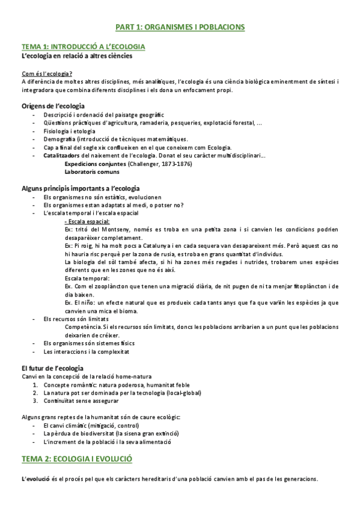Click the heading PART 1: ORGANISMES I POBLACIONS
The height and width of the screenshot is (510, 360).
tap(180, 27)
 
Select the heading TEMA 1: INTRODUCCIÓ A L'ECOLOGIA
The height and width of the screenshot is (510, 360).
tap(83, 46)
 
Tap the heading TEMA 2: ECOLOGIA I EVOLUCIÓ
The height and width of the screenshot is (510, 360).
tap(77, 459)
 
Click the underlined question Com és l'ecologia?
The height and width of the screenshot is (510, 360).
tap(43, 73)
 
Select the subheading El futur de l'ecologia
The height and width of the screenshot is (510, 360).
tap(52, 367)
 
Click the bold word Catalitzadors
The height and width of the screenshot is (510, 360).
tap(61, 155)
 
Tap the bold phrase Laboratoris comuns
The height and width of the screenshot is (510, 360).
tap(89, 172)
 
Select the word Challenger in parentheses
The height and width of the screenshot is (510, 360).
tap(144, 164)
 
